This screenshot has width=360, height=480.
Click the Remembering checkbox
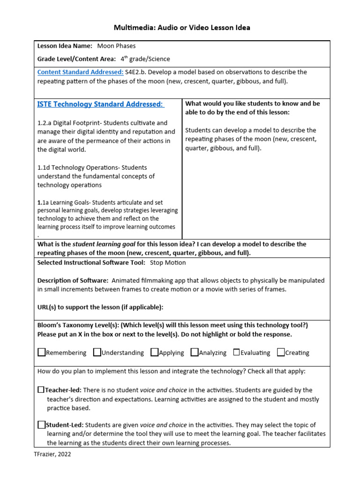click(41, 352)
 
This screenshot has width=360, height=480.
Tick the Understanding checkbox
click(97, 352)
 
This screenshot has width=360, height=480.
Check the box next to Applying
click(154, 352)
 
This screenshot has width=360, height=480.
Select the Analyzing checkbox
click(194, 352)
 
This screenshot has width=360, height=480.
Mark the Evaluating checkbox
click(236, 352)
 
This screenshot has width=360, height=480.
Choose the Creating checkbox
click(281, 352)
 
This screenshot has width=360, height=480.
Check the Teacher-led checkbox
click(41, 390)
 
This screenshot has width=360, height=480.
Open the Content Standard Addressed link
click(80, 72)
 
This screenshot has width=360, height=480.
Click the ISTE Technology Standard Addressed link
click(100, 104)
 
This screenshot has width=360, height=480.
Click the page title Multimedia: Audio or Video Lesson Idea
click(182, 28)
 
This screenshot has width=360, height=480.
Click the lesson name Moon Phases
click(116, 46)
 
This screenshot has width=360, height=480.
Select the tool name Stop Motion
click(168, 262)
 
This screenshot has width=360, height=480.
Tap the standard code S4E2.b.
click(136, 72)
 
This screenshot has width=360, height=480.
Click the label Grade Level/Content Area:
click(76, 59)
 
